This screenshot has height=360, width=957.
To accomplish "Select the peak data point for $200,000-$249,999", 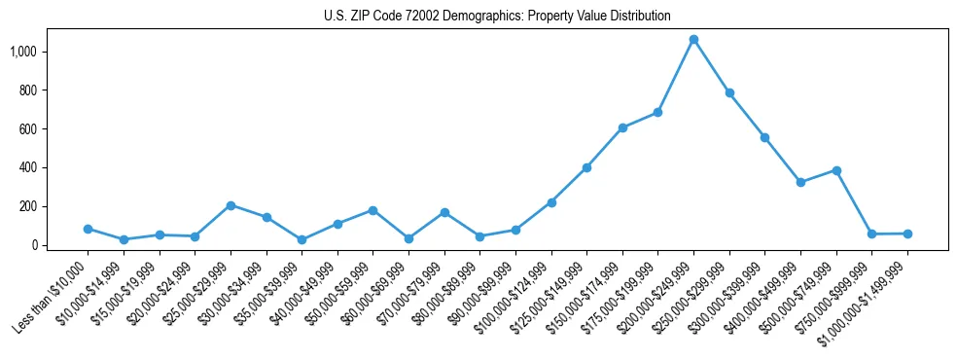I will (x=693, y=40).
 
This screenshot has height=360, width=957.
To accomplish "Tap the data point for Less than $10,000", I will (x=88, y=229).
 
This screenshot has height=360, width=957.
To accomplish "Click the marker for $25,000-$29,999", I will (x=230, y=205).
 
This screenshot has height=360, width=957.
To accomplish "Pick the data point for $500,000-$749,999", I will (x=836, y=170).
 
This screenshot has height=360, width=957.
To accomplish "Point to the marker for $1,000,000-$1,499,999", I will (x=907, y=234).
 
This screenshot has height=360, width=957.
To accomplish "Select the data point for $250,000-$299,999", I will (x=729, y=93).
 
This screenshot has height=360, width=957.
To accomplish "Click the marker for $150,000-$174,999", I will (x=622, y=127).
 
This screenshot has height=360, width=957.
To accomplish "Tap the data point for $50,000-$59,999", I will (x=372, y=210).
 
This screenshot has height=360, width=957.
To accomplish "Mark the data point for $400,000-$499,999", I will (x=800, y=182).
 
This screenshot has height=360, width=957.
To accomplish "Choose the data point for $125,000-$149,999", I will (x=586, y=167).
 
